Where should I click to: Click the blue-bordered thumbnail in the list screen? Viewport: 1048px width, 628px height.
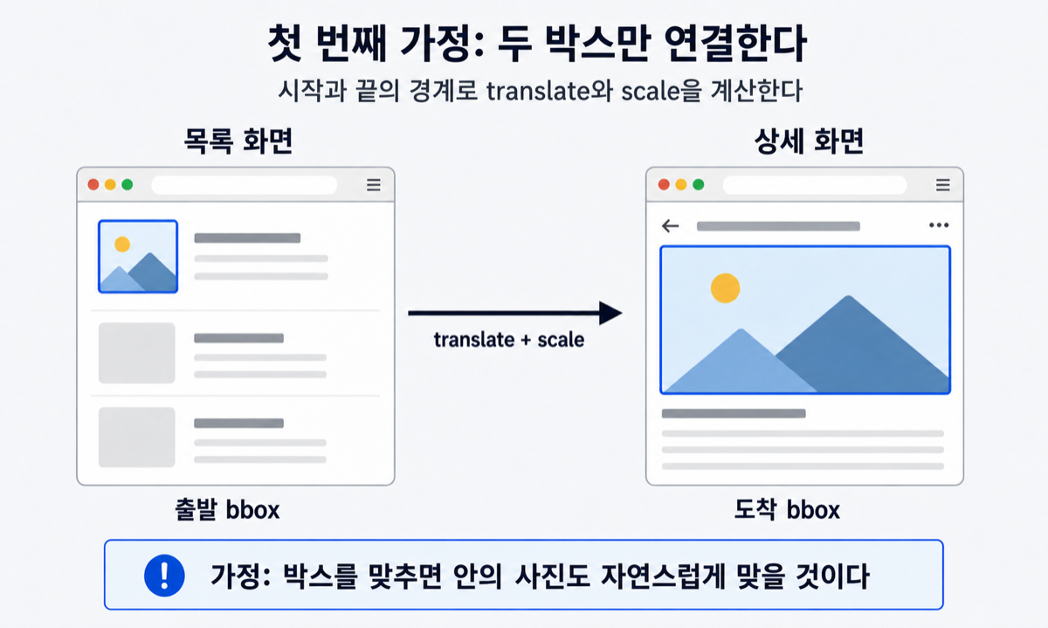[x=138, y=257]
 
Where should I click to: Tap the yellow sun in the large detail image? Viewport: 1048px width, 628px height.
[x=725, y=287]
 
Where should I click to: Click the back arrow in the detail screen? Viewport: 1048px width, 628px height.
[x=670, y=226]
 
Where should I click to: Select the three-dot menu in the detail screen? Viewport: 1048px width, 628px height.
[x=939, y=225]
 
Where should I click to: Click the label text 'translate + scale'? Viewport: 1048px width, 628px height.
[x=508, y=340]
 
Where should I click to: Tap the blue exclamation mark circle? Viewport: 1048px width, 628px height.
[x=164, y=575]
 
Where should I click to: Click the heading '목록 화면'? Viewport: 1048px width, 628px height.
[x=238, y=141]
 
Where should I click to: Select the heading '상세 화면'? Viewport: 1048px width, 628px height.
[x=809, y=141]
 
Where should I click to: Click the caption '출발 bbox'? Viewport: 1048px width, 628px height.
[x=227, y=509]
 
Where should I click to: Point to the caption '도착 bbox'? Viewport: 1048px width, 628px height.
[x=787, y=509]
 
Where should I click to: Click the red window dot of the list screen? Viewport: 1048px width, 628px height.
[x=93, y=184]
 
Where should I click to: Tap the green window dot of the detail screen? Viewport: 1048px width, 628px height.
[x=698, y=184]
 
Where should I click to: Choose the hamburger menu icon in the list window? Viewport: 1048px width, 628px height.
[x=374, y=185]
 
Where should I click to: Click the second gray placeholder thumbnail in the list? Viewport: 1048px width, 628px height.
[x=136, y=353]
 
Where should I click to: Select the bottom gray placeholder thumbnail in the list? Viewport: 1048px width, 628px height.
[x=136, y=437]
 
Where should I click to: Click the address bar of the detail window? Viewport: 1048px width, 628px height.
[x=815, y=185]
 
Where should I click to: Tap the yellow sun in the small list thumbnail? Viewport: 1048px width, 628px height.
[x=122, y=245]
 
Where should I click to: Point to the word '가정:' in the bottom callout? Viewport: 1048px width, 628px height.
[x=240, y=576]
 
